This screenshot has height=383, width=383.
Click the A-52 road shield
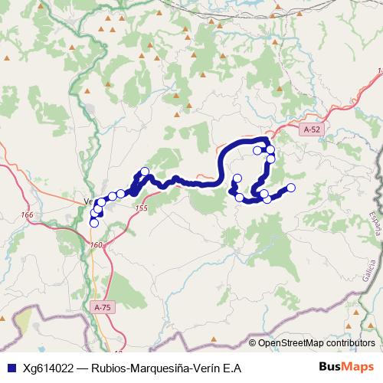pyautogui.click(x=312, y=130)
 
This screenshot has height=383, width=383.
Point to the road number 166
pyautogui.click(x=28, y=215)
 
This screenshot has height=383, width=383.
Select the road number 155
pyautogui.click(x=139, y=208)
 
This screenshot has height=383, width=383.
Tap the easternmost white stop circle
pyautogui.click(x=291, y=188)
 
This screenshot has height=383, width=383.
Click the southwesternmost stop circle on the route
pyautogui.click(x=94, y=223)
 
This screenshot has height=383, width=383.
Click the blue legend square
pyautogui.click(x=9, y=368)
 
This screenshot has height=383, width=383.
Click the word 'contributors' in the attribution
pyautogui.click(x=352, y=344)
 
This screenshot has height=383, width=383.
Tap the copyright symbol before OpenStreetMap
pyautogui.click(x=253, y=344)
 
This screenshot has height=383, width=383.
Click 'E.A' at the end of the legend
pyautogui.click(x=232, y=368)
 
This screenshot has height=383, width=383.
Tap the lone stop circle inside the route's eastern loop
pyautogui.click(x=258, y=150)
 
